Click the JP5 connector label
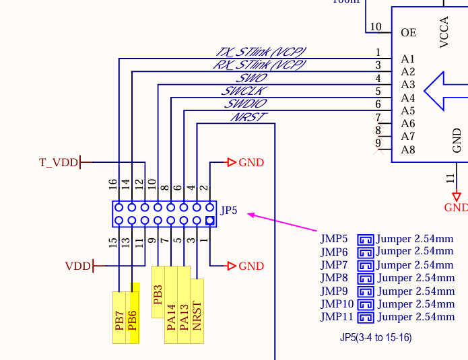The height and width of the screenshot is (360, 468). point(230,211)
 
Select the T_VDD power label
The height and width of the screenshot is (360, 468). point(59,162)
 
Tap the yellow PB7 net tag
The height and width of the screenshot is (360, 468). point(119,318)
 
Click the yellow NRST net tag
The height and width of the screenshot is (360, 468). point(197,311)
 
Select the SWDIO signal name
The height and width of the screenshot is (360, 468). point(245,104)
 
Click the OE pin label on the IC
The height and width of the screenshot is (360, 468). point(408,32)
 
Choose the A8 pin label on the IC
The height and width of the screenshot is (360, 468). point(408,149)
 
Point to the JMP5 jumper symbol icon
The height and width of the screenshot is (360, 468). point(365,239)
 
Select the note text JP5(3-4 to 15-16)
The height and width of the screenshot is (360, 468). point(376,337)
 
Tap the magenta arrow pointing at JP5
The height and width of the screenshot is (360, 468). point(283,223)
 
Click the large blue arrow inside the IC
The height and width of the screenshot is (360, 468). point(445,91)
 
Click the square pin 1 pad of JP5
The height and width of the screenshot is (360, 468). point(210,220)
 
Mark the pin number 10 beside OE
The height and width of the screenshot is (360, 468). point(376,28)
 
